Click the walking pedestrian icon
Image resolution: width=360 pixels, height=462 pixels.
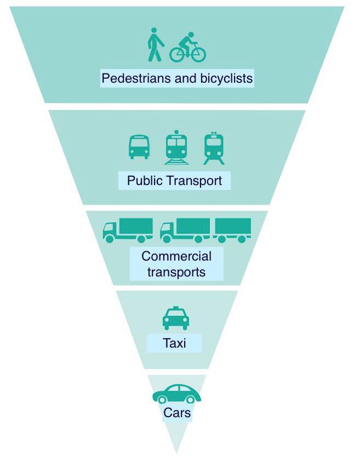point(155,44)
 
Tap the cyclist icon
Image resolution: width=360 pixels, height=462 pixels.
point(187,47)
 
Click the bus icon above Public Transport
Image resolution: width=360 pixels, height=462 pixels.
point(139,147)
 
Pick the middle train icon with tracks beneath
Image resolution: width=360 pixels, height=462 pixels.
point(176,147)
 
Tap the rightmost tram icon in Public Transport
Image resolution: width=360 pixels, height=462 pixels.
point(214,148)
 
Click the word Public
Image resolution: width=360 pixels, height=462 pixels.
point(144,181)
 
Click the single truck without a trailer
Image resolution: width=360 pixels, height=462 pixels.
point(128,230)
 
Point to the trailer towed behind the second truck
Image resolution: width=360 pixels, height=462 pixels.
point(233,230)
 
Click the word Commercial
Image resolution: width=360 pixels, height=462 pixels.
point(176,256)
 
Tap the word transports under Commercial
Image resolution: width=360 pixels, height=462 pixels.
point(176,272)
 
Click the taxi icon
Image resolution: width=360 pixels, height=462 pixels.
point(176,318)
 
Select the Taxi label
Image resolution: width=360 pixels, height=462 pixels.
point(174,343)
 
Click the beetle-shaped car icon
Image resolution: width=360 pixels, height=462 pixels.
point(176,394)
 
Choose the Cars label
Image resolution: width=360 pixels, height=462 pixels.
point(177,413)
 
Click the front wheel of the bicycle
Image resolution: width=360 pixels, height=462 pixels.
point(197,54)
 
